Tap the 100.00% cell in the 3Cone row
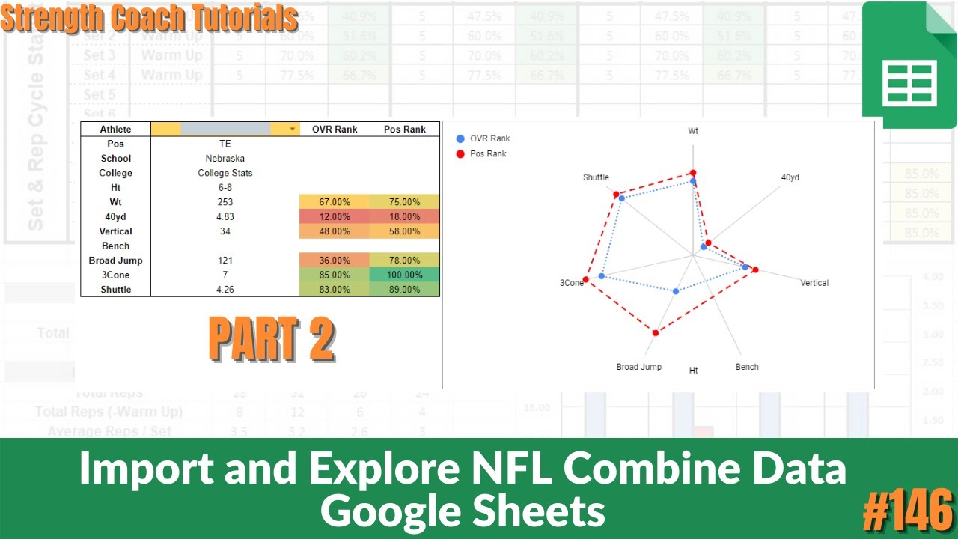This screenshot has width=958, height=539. pos(404,275)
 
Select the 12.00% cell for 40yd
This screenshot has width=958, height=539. pos(335,216)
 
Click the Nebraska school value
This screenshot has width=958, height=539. pos(225,158)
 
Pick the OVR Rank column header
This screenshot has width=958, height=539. pos(335,129)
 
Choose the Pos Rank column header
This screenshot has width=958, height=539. pos(404,129)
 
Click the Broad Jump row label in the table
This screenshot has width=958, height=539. pos(115,260)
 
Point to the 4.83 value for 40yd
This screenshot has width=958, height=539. pos(225,216)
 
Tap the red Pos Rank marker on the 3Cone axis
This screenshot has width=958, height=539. pos(585,280)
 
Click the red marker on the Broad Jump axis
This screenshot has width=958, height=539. pos(656,332)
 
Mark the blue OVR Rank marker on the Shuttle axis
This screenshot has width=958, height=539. pos(621,198)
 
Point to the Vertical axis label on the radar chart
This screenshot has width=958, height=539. pos(814,283)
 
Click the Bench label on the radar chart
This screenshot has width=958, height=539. pos(747,367)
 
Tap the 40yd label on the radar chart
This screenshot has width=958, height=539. pos(790,177)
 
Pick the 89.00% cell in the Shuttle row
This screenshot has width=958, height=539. pos(404,289)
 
